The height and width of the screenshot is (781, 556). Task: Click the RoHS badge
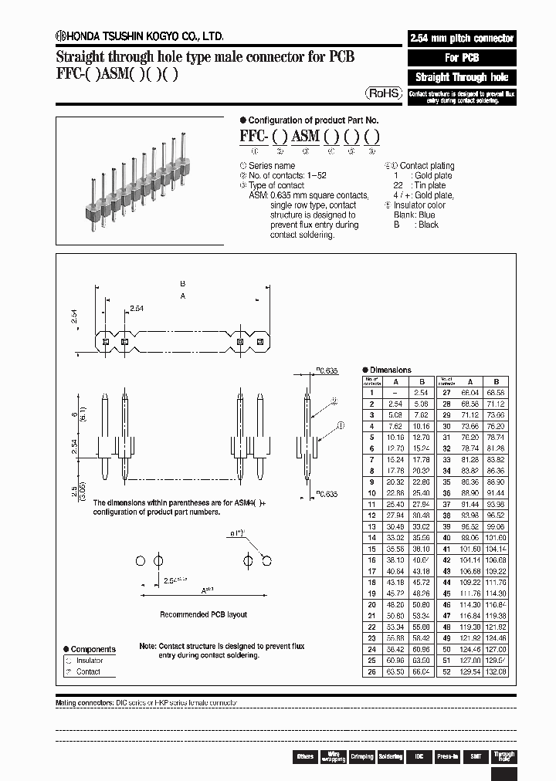(x=383, y=93)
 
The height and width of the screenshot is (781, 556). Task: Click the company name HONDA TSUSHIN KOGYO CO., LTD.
(x=140, y=35)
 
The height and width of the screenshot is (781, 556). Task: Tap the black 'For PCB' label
(x=461, y=58)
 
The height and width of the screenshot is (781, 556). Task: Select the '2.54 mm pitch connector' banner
(x=461, y=39)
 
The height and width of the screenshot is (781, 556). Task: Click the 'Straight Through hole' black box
(x=461, y=77)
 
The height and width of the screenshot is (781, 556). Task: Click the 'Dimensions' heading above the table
(x=390, y=370)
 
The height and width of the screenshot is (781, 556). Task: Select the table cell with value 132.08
(x=497, y=672)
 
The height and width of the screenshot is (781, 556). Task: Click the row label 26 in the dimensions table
(x=372, y=672)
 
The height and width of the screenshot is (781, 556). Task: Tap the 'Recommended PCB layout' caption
(x=203, y=615)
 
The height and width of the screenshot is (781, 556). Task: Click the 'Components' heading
(x=93, y=650)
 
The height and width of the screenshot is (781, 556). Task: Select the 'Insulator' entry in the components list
(x=89, y=661)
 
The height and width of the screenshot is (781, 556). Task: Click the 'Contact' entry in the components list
(x=88, y=671)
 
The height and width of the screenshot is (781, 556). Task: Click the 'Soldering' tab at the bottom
(x=390, y=757)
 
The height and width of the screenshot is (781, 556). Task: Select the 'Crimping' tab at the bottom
(x=361, y=757)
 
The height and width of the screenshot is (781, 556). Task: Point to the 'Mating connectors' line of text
(x=147, y=704)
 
